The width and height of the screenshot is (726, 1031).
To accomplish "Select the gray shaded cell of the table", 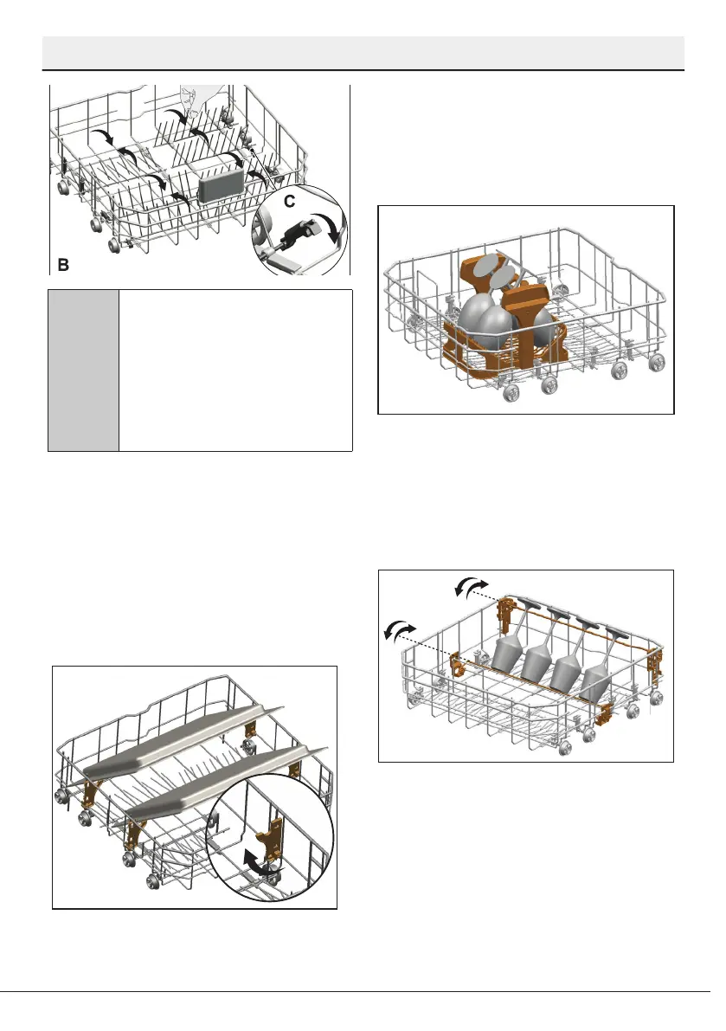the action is pos(83,371).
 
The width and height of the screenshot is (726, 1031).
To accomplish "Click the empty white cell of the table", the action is pos(235,371).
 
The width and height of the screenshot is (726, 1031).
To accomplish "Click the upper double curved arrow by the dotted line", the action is pos(471,590).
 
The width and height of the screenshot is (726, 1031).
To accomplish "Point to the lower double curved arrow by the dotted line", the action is pos(399,631).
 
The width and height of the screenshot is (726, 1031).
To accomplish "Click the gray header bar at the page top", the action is pos(363,53).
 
